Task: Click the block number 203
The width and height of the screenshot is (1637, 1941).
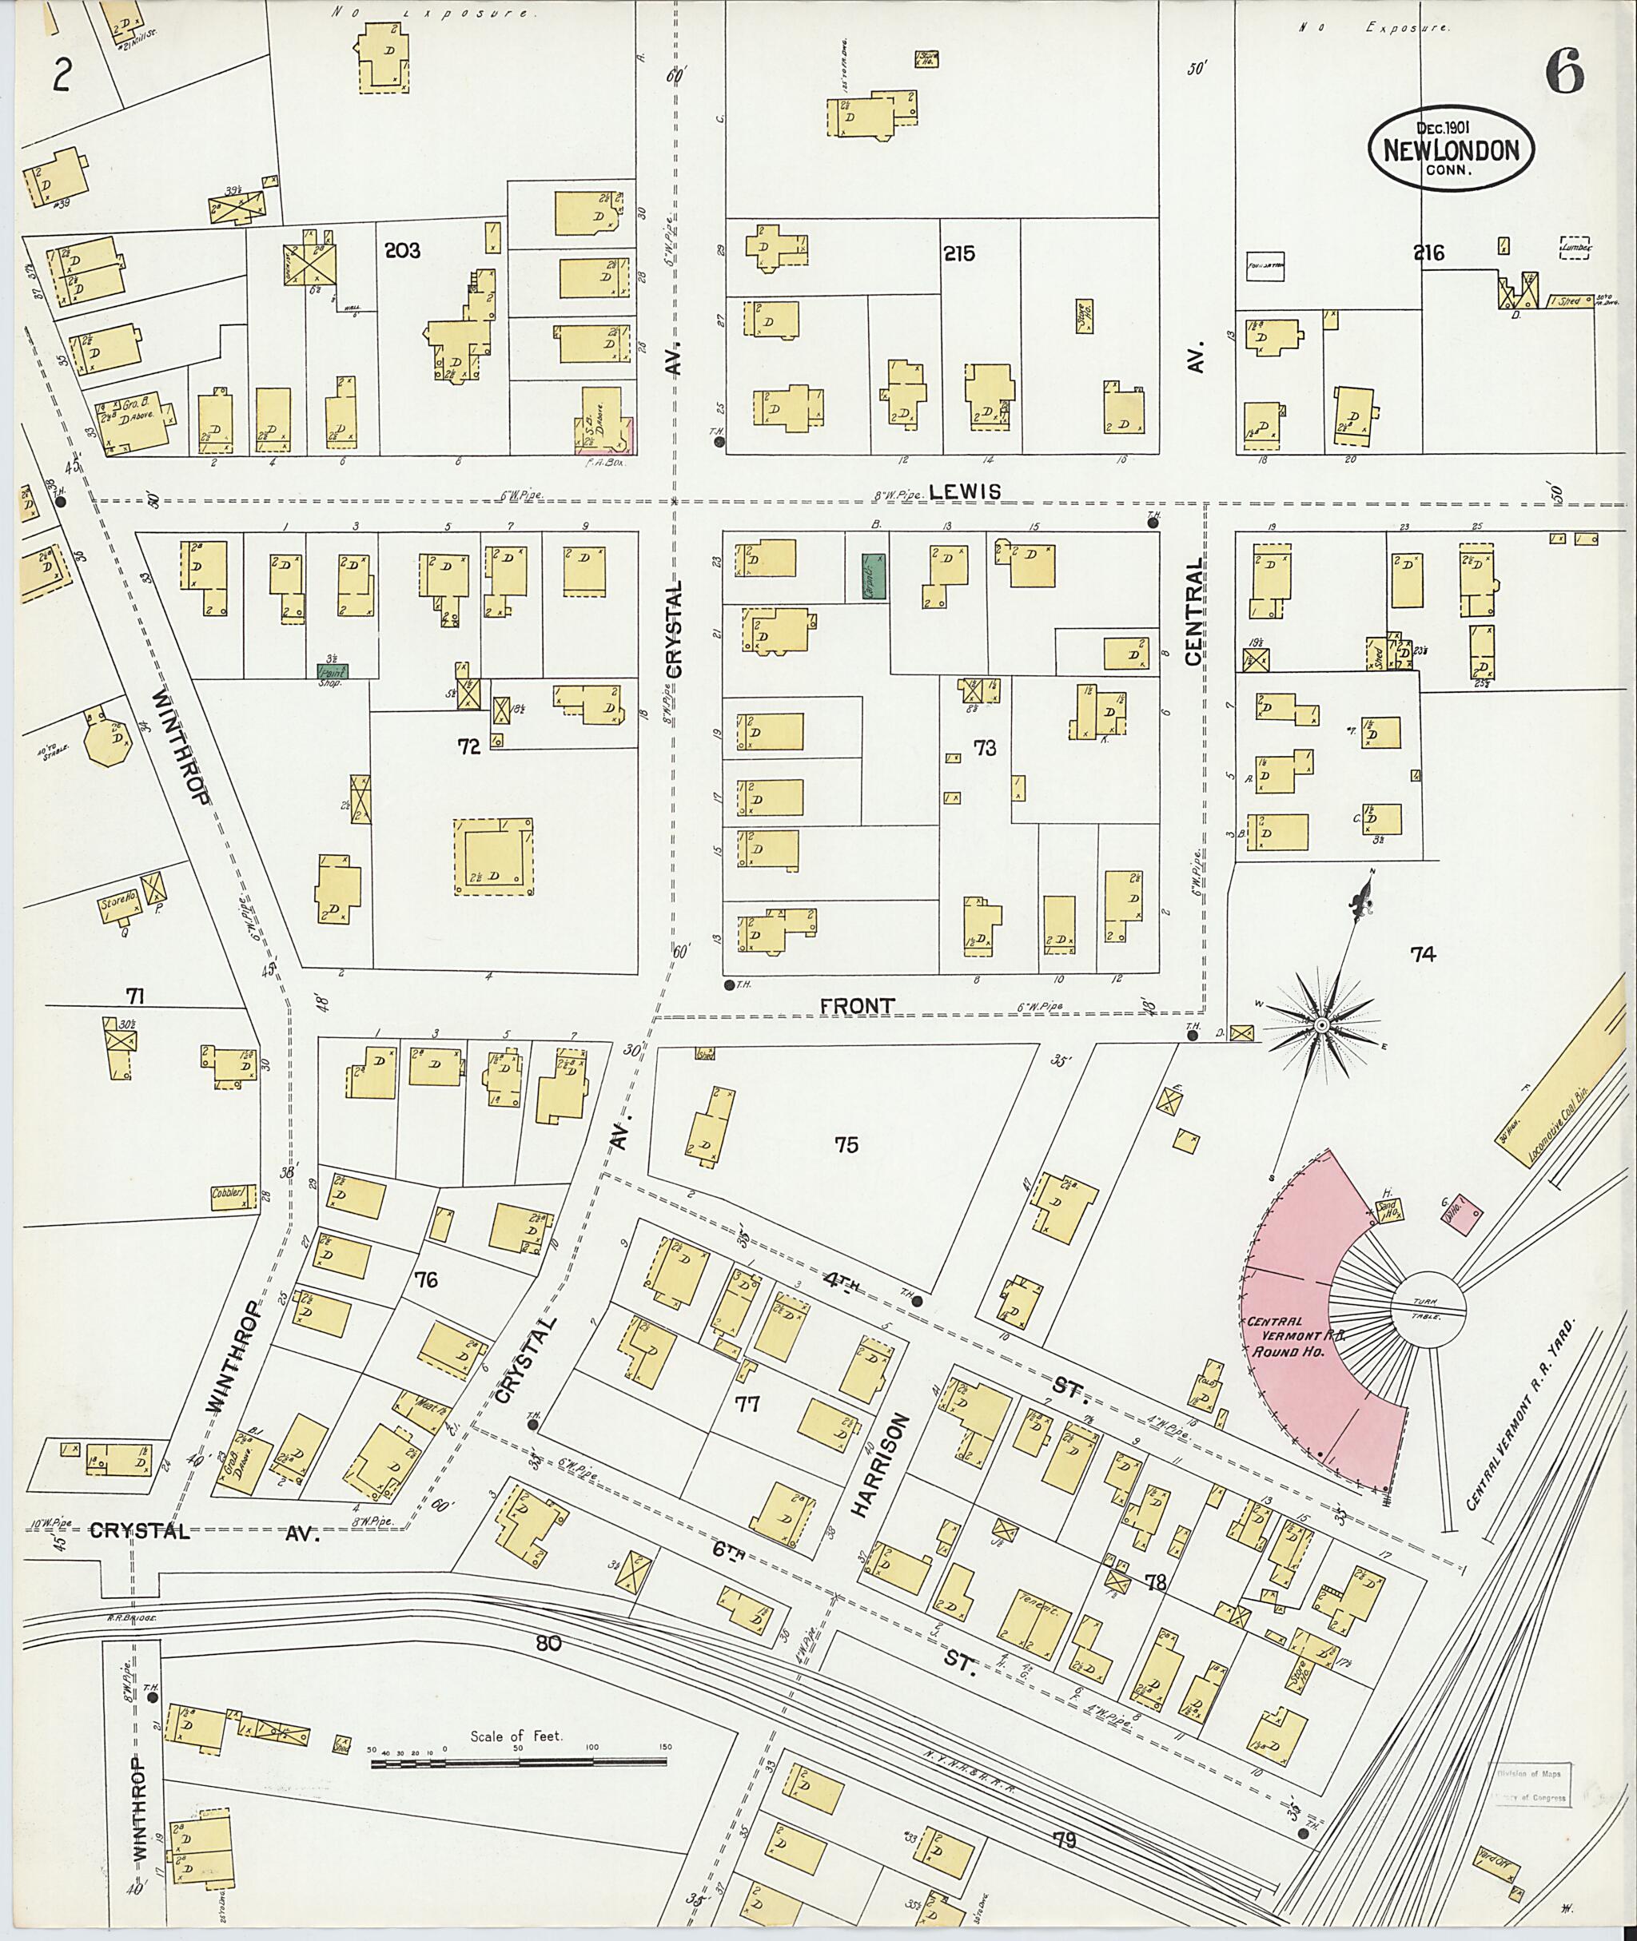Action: [x=402, y=250]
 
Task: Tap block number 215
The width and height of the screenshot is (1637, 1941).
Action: [x=958, y=253]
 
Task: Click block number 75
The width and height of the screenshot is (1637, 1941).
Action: [x=846, y=1144]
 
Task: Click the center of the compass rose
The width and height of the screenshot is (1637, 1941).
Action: [x=1320, y=1024]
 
